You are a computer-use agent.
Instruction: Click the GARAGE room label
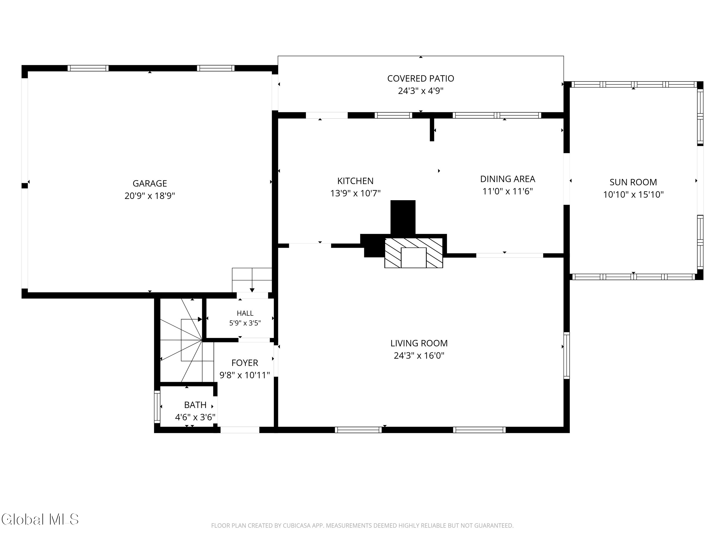point(150,183)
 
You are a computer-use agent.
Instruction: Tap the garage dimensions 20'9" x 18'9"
point(150,196)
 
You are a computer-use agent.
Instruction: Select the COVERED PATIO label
point(420,78)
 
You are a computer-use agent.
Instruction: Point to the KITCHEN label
point(355,181)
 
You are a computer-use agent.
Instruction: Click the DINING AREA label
point(508,179)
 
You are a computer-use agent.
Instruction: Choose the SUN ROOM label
point(633,182)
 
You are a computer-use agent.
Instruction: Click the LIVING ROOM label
point(419,343)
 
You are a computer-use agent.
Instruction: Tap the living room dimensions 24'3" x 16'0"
point(419,356)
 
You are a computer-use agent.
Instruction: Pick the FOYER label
point(245,363)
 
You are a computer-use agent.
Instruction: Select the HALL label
point(245,313)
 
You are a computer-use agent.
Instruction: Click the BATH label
point(195,405)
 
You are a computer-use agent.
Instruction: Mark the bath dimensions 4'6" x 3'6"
point(195,418)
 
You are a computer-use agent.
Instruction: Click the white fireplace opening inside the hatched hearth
point(414,258)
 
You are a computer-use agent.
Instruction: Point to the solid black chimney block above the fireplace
point(403,217)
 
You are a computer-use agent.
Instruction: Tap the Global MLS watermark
point(40,519)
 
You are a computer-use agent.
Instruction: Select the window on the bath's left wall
point(157,406)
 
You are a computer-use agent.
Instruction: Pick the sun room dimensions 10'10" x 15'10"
point(633,195)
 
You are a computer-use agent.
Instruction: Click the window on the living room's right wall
point(567,355)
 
